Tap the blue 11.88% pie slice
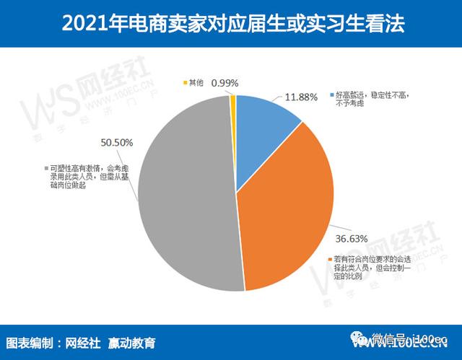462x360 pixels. pos(263,123)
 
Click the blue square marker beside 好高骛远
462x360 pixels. pos(331,95)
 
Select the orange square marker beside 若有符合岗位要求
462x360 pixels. pos(330,258)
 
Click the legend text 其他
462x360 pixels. pos(197,82)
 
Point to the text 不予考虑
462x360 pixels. pos(351,105)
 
